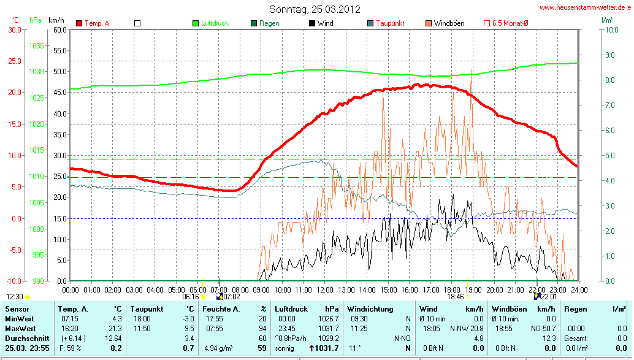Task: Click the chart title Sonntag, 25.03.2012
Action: (x=315, y=9)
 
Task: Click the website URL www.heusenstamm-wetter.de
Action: (x=586, y=7)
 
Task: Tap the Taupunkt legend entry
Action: (x=389, y=23)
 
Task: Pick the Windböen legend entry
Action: (x=449, y=23)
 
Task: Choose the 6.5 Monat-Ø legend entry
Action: (x=510, y=23)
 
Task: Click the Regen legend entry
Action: (x=269, y=23)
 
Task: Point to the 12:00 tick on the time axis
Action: (x=324, y=289)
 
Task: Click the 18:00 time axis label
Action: (x=452, y=289)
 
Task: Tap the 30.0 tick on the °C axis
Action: (x=13, y=29)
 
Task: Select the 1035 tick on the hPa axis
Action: (x=36, y=46)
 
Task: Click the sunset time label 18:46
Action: (x=455, y=297)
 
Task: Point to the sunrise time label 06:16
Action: (x=191, y=297)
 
